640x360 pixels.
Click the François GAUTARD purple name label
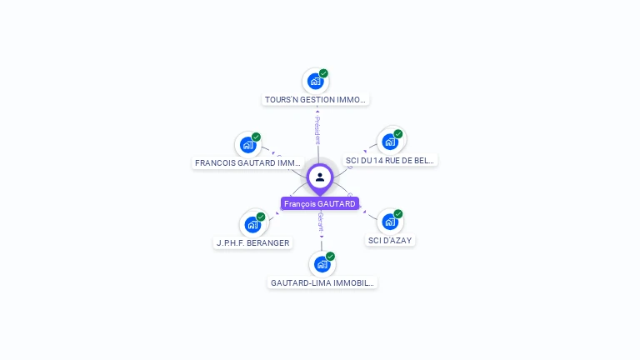pos(320,203)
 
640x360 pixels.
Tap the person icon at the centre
pos(320,177)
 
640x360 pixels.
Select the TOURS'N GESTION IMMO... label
pos(315,100)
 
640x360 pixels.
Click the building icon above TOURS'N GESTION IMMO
pos(315,82)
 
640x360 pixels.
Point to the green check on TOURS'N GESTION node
pos(323,73)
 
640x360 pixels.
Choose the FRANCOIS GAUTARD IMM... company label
pos(247,163)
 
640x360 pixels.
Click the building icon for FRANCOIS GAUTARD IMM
pos(247,145)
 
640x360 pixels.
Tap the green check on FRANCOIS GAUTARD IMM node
pos(256,137)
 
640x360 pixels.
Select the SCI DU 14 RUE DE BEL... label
pos(390,160)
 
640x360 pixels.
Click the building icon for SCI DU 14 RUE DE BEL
pos(390,142)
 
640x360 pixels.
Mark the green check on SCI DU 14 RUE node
pos(398,133)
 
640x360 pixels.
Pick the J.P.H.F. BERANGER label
pos(252,243)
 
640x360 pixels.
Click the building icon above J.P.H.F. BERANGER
pos(252,224)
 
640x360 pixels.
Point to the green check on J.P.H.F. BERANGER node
pos(261,217)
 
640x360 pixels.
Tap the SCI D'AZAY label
pos(390,241)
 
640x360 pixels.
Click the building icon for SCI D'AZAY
pos(390,222)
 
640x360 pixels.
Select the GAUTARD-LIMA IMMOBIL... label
pos(322,283)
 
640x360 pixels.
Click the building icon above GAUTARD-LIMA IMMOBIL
pos(322,264)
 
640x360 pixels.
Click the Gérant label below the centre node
pos(321,222)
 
